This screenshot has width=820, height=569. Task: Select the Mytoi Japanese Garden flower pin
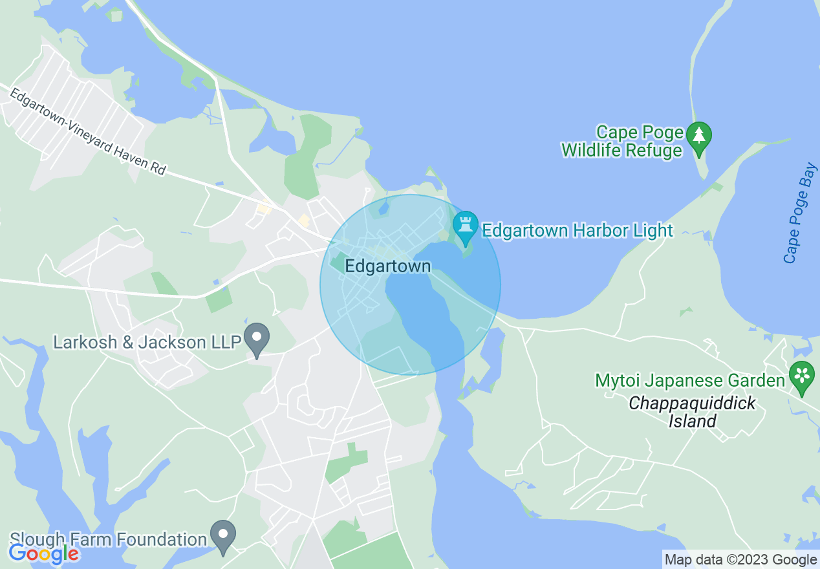coord(802,376)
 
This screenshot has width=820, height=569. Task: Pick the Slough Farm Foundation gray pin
coord(224,536)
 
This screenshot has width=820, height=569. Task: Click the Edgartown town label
coord(387,266)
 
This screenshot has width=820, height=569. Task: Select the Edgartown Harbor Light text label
coord(577,230)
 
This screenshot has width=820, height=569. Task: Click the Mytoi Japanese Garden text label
coord(690,380)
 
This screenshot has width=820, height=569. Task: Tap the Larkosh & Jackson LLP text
coord(147,341)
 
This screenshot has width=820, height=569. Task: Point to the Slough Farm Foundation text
coord(108,539)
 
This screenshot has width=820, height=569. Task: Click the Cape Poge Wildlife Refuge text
coord(622,142)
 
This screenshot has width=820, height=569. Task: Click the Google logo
coord(43,553)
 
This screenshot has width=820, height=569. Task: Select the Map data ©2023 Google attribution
coord(740,560)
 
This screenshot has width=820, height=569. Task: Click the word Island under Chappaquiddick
coord(693,422)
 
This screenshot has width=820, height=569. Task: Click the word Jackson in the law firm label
coord(181,341)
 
